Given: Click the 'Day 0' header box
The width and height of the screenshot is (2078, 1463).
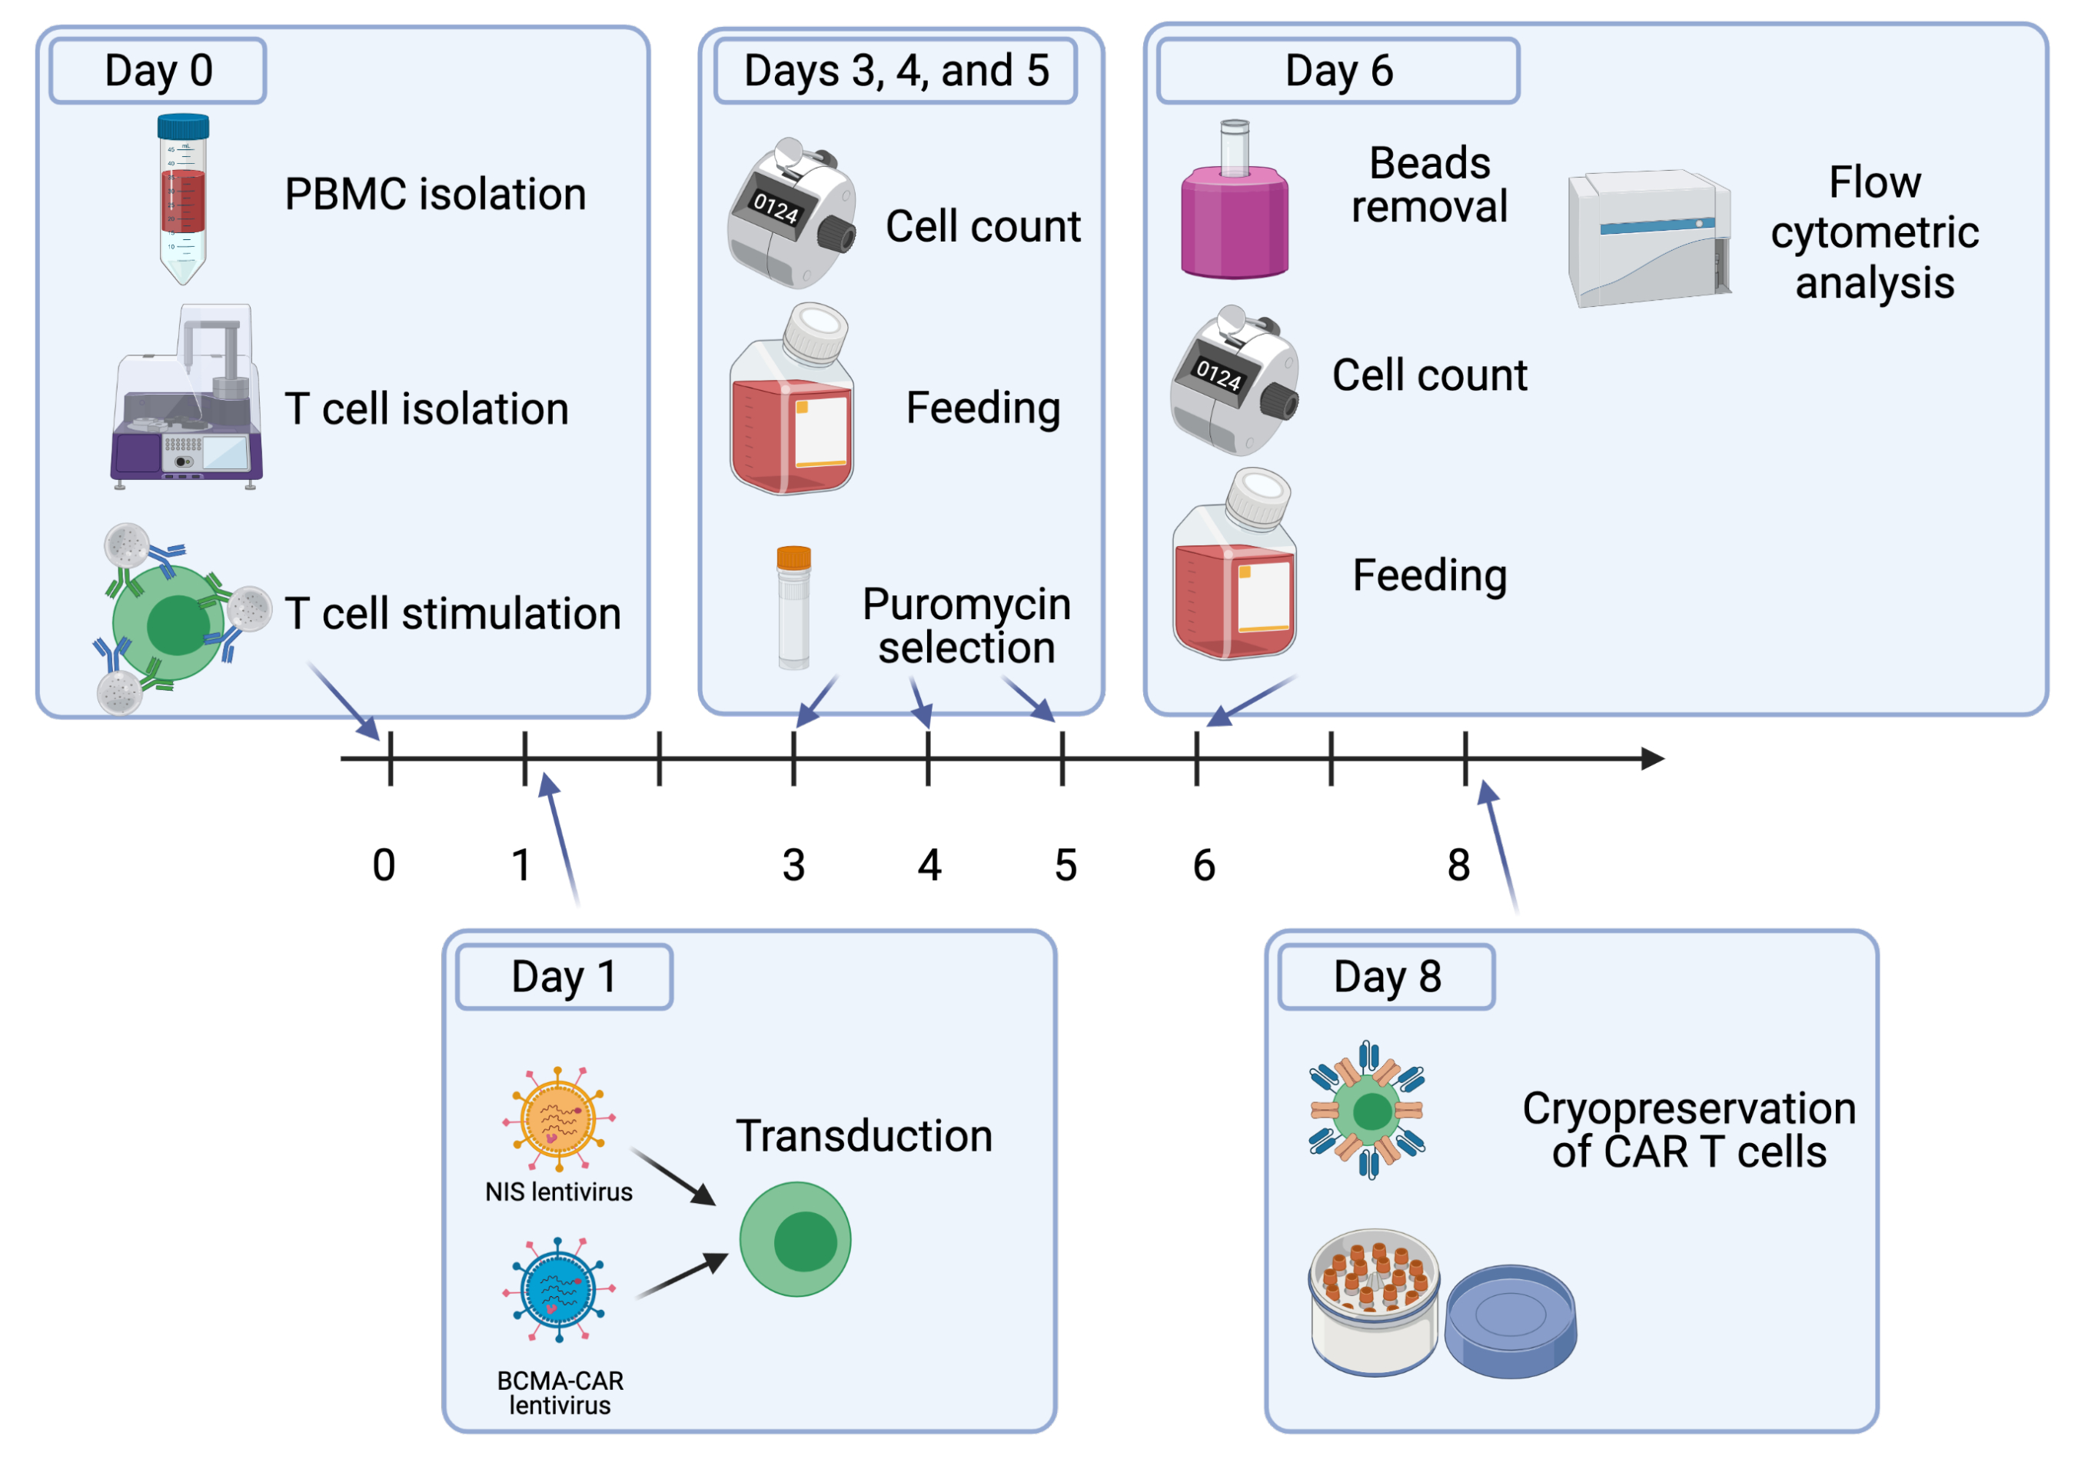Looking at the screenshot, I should [x=158, y=71].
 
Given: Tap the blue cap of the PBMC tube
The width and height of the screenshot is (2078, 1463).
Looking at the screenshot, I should [x=184, y=126].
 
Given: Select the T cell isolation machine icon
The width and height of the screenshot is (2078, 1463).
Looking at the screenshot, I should [x=188, y=398].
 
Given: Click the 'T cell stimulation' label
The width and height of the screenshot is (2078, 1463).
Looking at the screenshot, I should [x=453, y=614].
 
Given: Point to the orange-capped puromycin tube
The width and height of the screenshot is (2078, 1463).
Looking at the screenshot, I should [x=793, y=608].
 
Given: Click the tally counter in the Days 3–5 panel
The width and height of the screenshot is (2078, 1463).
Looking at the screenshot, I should [x=790, y=214].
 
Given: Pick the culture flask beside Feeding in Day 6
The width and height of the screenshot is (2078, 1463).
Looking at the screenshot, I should [x=1235, y=566].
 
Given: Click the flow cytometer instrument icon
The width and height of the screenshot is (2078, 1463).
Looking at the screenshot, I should [x=1650, y=237].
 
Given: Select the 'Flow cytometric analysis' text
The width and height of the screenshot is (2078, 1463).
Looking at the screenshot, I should [x=1874, y=232].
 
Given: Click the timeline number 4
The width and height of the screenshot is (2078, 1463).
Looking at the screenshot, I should [x=929, y=865].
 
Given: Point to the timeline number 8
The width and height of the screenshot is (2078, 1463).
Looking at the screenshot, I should [x=1458, y=865].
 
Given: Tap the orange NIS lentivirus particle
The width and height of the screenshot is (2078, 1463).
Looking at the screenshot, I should [x=558, y=1119].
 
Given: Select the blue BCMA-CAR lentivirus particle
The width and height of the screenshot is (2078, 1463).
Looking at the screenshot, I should [x=558, y=1290].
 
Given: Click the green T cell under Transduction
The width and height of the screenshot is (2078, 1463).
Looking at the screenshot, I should [x=796, y=1239].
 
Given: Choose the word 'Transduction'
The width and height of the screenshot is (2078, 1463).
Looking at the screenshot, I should [x=864, y=1136].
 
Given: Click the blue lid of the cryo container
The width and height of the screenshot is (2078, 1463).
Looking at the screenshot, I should [x=1511, y=1320].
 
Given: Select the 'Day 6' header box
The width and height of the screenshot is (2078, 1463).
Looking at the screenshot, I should [x=1338, y=71].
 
